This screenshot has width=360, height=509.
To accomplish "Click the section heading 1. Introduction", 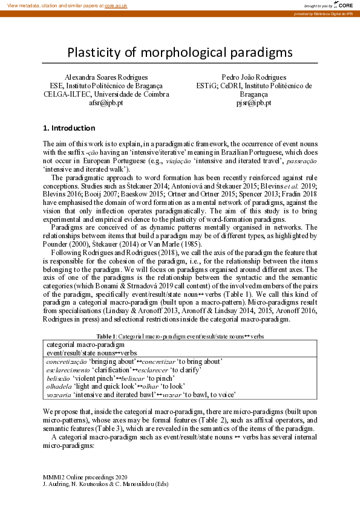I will click(68, 128).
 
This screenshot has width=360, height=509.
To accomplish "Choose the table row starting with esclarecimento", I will click(124, 369).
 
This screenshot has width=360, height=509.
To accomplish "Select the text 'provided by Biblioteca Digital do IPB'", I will click(326, 13).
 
